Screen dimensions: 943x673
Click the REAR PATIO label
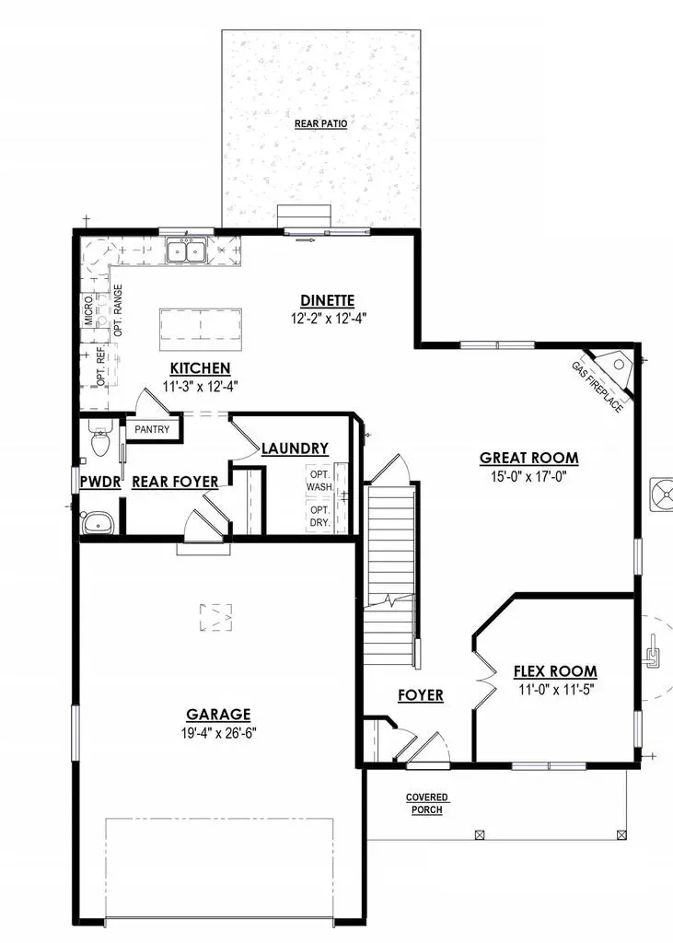(320, 123)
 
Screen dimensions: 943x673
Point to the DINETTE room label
(327, 300)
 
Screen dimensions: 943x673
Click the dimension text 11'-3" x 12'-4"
(199, 387)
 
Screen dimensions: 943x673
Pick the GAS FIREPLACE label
(596, 387)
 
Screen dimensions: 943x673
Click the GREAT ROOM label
(528, 458)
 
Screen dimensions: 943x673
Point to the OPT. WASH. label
(319, 480)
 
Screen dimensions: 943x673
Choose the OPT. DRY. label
(319, 516)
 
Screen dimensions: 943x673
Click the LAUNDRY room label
(295, 448)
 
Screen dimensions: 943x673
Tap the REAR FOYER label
(175, 482)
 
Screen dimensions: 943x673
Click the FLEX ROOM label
(554, 671)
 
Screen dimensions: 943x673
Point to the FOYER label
(420, 695)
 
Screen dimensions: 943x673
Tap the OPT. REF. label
(101, 367)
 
